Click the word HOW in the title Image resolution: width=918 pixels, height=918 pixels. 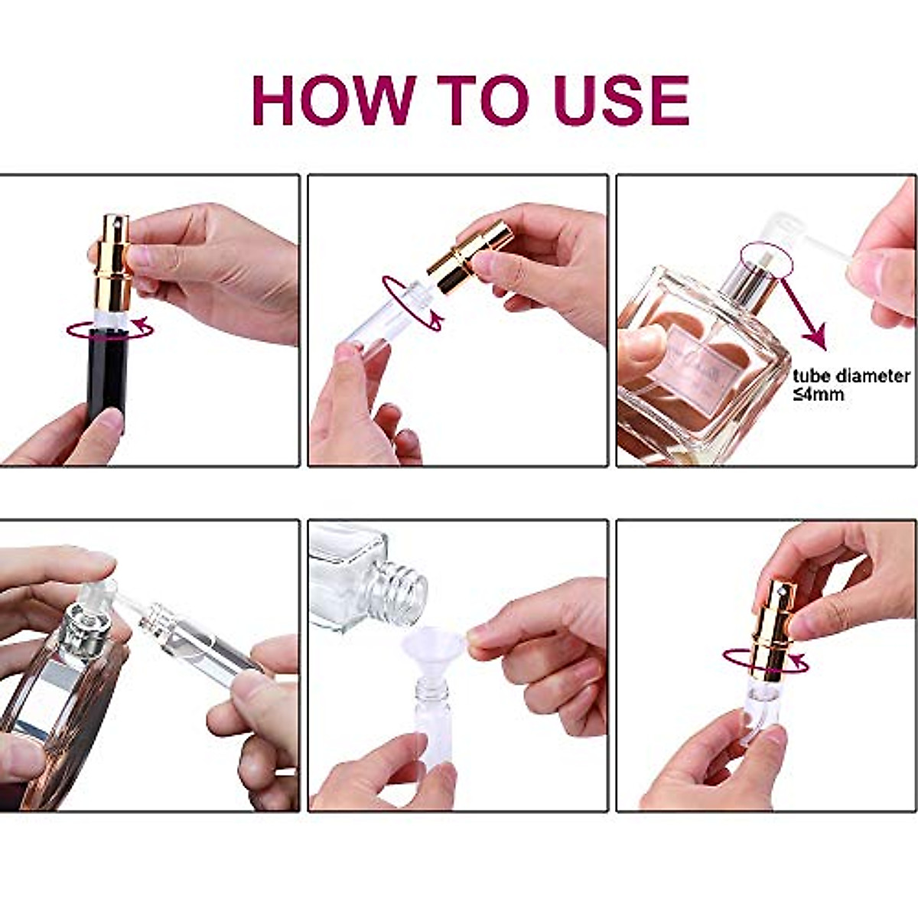(334, 100)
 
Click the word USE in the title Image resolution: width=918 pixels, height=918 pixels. (620, 100)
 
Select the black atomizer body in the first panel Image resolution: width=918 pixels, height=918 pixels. (106, 375)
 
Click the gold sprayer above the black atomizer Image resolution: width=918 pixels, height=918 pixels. (113, 260)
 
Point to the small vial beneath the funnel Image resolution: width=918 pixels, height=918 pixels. (432, 719)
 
